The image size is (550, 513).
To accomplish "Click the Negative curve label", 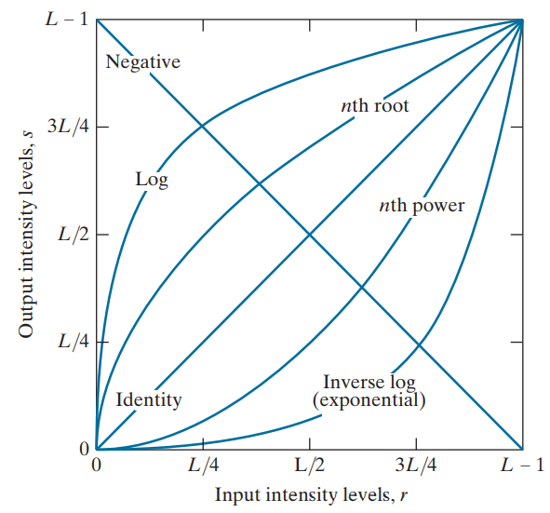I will click(142, 62).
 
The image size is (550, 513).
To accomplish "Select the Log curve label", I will click(151, 180).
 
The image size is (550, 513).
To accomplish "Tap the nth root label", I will click(374, 106).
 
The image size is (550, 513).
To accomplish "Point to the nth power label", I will click(422, 205).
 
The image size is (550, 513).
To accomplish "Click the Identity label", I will click(149, 401).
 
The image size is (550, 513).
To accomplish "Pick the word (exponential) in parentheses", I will click(369, 401).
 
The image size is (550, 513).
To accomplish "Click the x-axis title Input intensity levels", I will click(308, 493).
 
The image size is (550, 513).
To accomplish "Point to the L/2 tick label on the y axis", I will click(72, 234).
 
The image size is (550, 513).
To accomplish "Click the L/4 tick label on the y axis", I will click(72, 341).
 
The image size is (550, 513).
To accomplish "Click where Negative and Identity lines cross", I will click(310, 234).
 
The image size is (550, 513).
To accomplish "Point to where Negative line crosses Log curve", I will click(202, 127).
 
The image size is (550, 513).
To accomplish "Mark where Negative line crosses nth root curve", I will click(257, 182).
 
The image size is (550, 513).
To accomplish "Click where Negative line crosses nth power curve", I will click(362, 287).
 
